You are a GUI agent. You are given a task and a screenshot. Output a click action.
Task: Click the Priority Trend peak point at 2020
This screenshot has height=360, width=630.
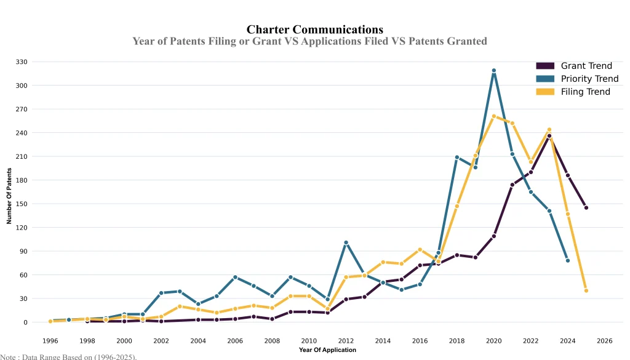pyautogui.click(x=493, y=71)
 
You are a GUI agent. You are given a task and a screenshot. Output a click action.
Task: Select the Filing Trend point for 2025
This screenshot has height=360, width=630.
pyautogui.click(x=586, y=290)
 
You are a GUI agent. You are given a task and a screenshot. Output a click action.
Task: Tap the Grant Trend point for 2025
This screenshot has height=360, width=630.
pyautogui.click(x=586, y=208)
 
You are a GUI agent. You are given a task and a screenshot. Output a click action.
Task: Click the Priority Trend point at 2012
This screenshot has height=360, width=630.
pyautogui.click(x=346, y=242)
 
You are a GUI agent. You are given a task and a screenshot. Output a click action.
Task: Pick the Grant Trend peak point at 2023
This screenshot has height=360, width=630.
pyautogui.click(x=549, y=136)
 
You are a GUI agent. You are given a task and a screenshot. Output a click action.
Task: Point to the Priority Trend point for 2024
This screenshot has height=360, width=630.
pyautogui.click(x=567, y=261)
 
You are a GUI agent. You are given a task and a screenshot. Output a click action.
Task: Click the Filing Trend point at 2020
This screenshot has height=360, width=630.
pyautogui.click(x=493, y=116)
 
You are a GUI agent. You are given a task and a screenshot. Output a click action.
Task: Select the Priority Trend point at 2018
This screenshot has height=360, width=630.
pyautogui.click(x=457, y=158)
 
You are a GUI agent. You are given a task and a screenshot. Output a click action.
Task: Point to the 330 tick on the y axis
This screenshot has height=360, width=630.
pyautogui.click(x=22, y=62)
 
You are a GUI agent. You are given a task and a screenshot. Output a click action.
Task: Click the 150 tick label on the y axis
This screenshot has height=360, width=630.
pyautogui.click(x=22, y=204)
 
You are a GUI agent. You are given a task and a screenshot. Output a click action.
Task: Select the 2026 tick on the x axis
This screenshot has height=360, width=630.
pyautogui.click(x=604, y=340)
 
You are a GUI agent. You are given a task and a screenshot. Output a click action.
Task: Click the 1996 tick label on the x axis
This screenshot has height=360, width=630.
pyautogui.click(x=50, y=340)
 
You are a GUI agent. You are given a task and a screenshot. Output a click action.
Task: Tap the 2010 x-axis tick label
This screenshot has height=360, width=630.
pyautogui.click(x=309, y=340)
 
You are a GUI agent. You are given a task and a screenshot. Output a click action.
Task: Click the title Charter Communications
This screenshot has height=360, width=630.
pyautogui.click(x=314, y=30)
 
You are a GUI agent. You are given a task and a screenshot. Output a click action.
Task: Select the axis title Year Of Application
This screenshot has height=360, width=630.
pyautogui.click(x=327, y=350)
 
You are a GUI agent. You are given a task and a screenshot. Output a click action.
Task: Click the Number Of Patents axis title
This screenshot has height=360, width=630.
pyautogui.click(x=9, y=195)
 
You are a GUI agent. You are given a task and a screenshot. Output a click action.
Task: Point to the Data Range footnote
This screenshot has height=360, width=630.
pyautogui.click(x=68, y=356)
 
